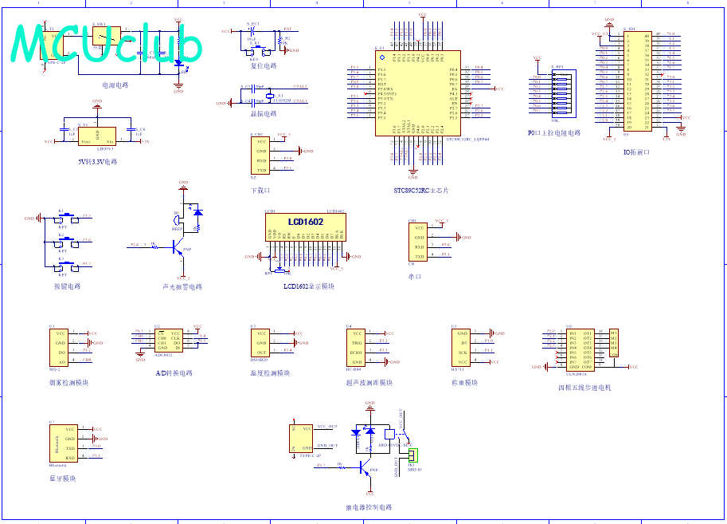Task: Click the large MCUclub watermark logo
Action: click(x=107, y=44)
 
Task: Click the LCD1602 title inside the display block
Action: click(x=306, y=221)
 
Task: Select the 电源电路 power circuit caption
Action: click(x=115, y=85)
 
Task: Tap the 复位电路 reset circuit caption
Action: click(x=264, y=66)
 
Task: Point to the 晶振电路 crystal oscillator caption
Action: click(x=264, y=114)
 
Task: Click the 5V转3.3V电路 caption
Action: click(x=97, y=161)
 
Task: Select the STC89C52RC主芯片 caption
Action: click(x=421, y=191)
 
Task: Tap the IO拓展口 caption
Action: click(x=636, y=152)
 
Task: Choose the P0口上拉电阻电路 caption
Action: click(x=554, y=133)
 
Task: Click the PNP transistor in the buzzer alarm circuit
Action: click(x=177, y=247)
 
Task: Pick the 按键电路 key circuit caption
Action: click(x=67, y=286)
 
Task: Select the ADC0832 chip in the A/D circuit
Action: click(x=169, y=341)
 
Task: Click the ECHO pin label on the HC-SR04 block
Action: click(x=356, y=352)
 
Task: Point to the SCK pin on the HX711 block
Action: click(x=462, y=352)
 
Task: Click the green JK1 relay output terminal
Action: click(x=412, y=455)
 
